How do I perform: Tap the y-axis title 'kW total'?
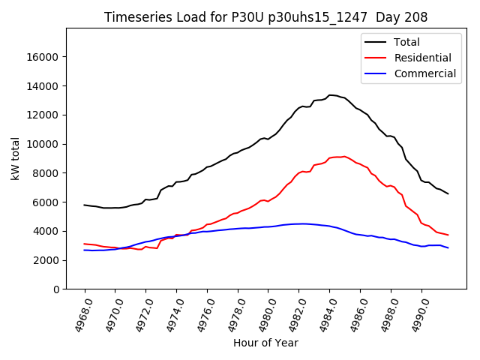coord(15,158)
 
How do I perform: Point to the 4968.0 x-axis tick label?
coord(78,315)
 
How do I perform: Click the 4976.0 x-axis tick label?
coord(200,315)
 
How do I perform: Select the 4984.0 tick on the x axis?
coord(322,315)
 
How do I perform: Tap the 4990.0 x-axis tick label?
coord(415,315)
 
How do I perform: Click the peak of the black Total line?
coord(330,95)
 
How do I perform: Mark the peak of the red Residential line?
coord(344,156)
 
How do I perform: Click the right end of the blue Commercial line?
coord(448,247)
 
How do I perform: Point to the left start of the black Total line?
coord(85,205)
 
